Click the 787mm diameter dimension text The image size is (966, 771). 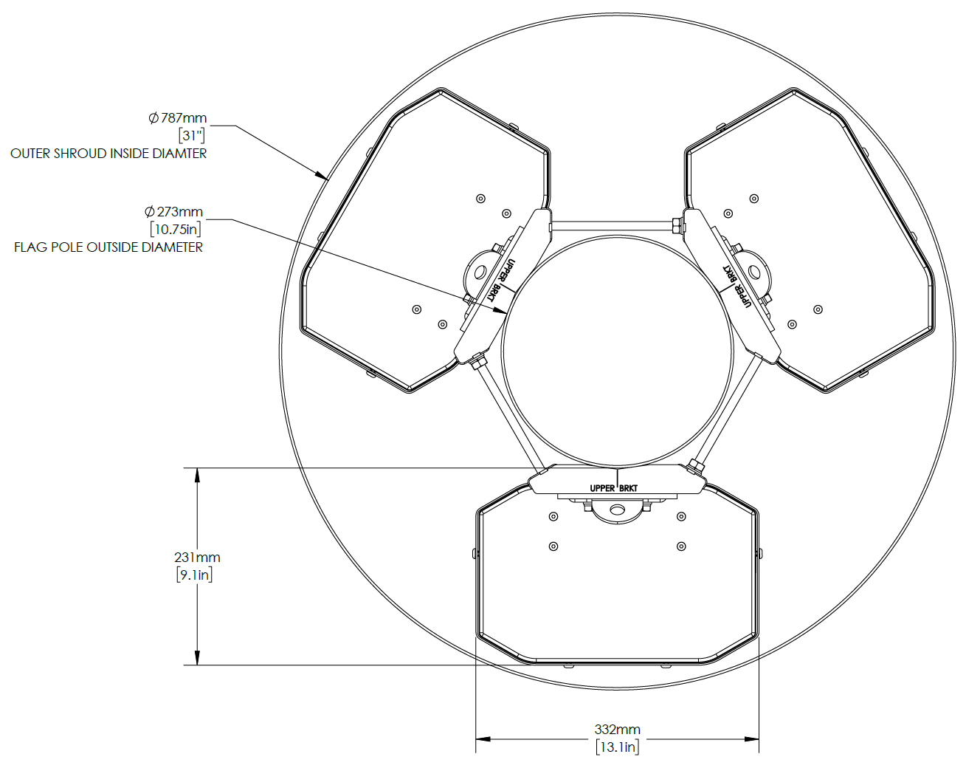(178, 118)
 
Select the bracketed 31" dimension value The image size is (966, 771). (192, 136)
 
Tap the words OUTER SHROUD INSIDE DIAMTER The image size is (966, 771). (108, 154)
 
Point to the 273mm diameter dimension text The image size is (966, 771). (174, 212)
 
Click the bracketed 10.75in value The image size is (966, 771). (176, 230)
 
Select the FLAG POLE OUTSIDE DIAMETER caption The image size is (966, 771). (108, 247)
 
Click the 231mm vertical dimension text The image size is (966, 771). (197, 558)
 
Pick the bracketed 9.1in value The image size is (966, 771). (195, 575)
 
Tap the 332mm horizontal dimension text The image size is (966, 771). (618, 730)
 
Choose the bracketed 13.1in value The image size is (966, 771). (618, 747)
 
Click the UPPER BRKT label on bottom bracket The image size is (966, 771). (613, 488)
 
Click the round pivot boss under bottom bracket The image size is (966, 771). (617, 510)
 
